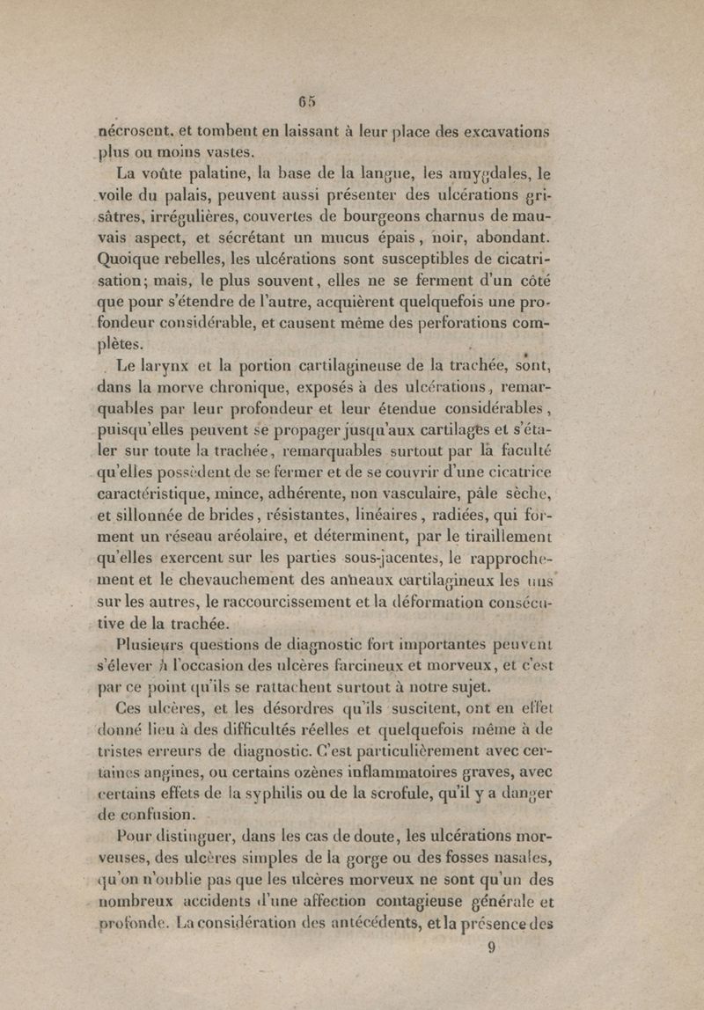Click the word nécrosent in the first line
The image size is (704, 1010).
138,132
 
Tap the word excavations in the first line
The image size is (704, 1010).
500,132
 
